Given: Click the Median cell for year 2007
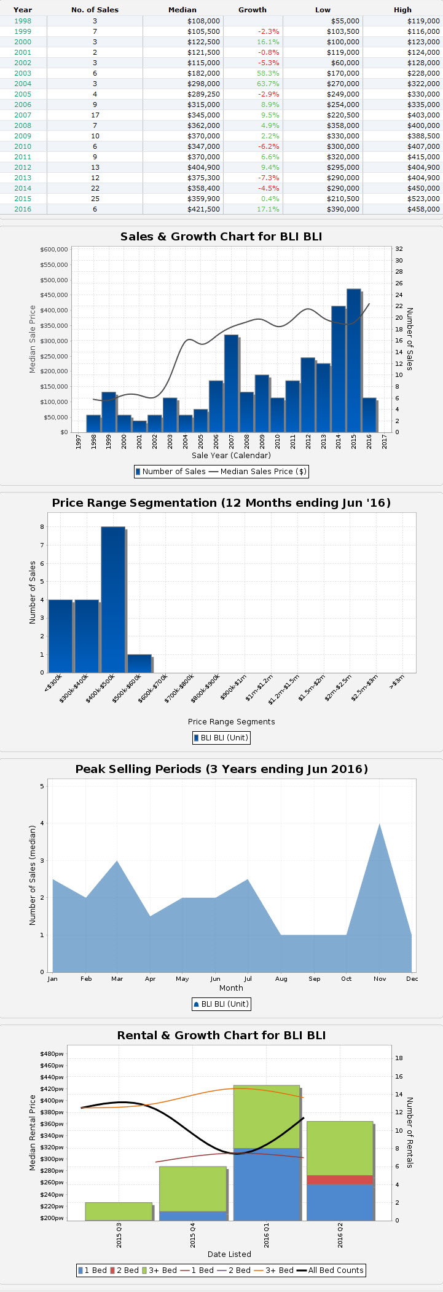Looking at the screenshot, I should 203,115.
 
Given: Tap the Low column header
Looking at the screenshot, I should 323,10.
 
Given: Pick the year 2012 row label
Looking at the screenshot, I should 23,167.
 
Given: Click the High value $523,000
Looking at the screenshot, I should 423,199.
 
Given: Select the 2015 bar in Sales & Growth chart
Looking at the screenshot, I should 353,360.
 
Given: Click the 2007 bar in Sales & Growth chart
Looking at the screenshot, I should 231,383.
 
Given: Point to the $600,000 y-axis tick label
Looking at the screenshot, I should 53,250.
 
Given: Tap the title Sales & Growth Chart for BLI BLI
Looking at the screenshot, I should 221,237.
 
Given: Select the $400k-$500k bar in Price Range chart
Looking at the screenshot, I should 113,600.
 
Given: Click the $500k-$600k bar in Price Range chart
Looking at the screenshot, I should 139,664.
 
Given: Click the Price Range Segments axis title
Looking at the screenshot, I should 231,722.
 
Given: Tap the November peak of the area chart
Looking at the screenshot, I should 380,825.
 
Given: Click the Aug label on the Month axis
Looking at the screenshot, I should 281,978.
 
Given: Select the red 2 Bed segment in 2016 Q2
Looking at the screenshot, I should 340,1179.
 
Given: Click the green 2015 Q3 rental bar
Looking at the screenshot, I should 119,1211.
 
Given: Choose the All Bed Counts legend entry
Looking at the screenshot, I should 330,1270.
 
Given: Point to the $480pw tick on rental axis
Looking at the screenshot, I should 52,1054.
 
